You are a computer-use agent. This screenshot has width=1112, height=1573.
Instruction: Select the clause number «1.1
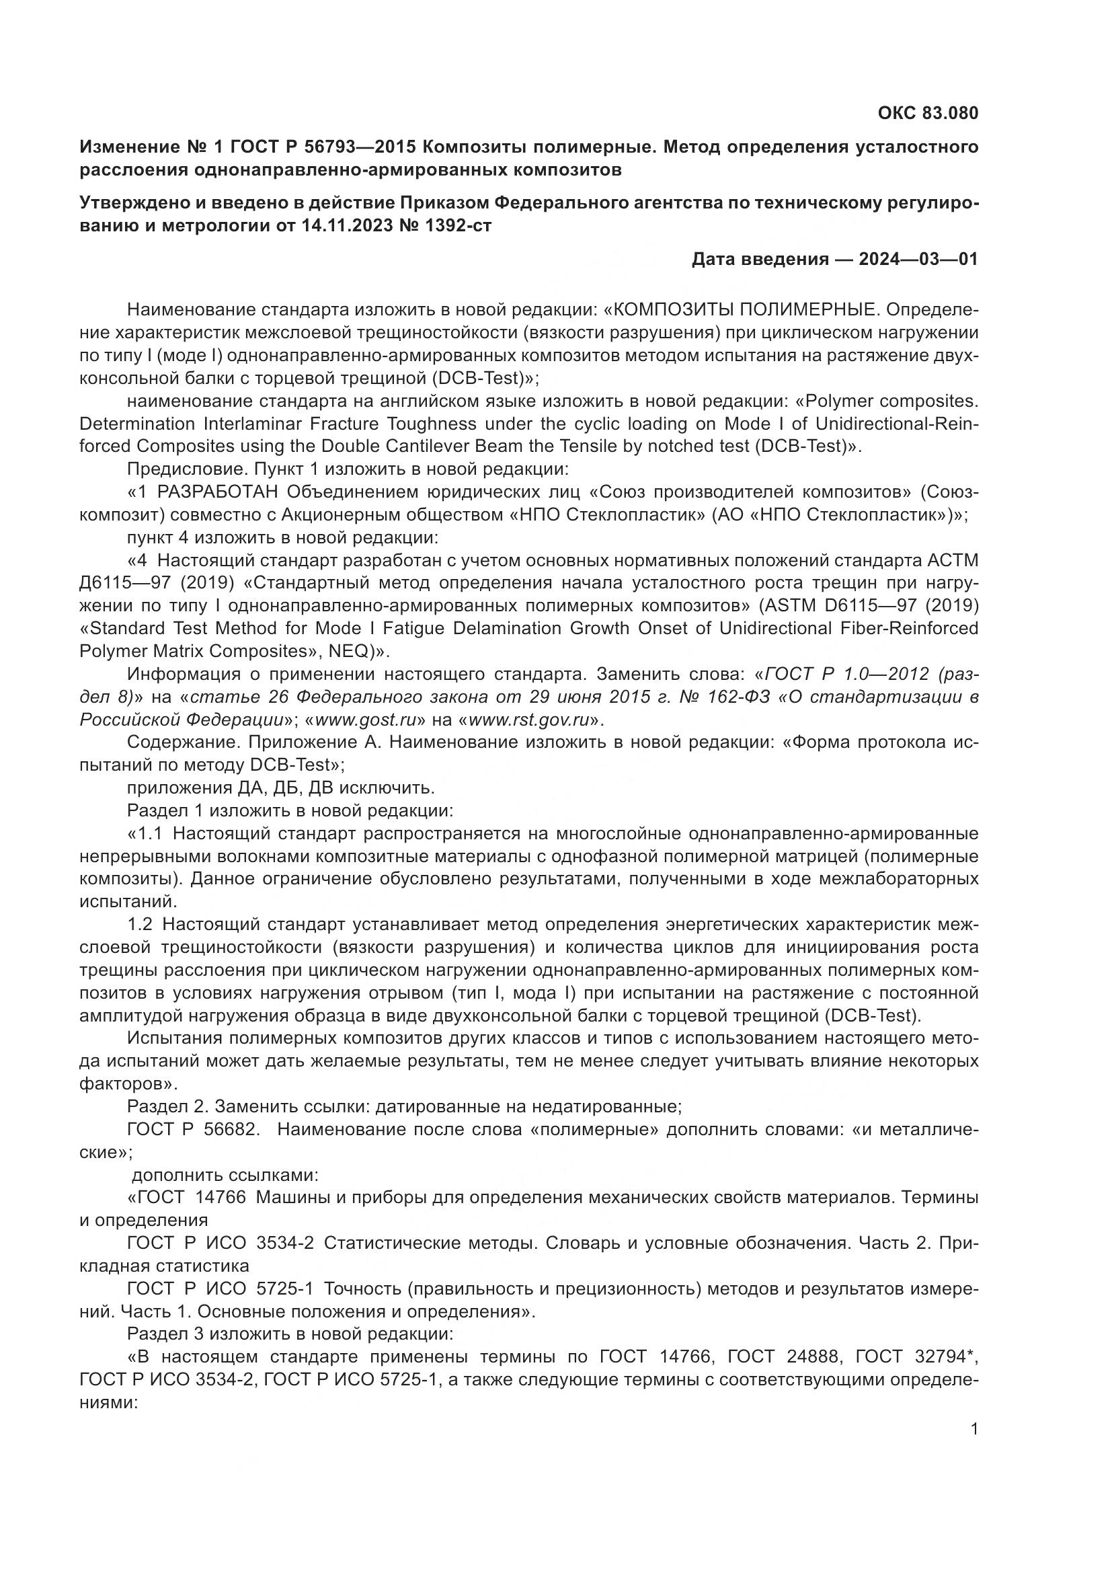(x=145, y=834)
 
